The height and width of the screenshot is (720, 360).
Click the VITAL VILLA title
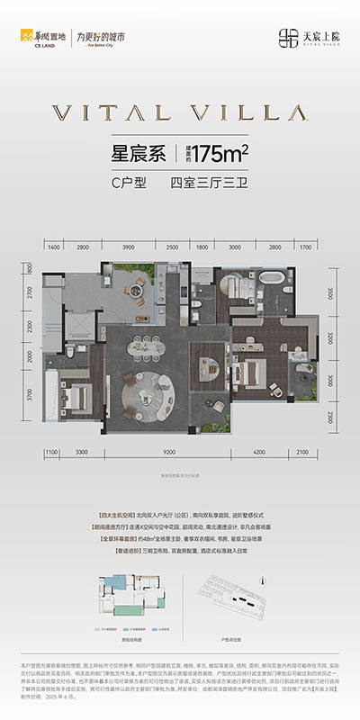[180, 112]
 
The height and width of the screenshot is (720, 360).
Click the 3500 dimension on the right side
[330, 293]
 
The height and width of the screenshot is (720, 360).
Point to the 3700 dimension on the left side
[28, 392]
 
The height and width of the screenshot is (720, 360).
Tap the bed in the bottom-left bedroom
[76, 395]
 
